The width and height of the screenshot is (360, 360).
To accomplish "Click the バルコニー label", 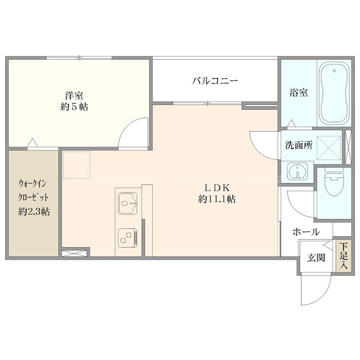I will [215, 81].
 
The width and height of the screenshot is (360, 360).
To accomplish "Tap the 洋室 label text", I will [75, 95].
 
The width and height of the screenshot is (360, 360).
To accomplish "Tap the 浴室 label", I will [298, 93].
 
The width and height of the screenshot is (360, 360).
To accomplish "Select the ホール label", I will [306, 232].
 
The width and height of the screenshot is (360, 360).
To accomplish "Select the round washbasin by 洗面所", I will [297, 171].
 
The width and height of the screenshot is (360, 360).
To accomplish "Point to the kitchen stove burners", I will [128, 237].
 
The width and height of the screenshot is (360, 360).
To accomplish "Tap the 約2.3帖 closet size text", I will [34, 211].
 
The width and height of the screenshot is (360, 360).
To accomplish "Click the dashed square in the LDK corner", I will [76, 164].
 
